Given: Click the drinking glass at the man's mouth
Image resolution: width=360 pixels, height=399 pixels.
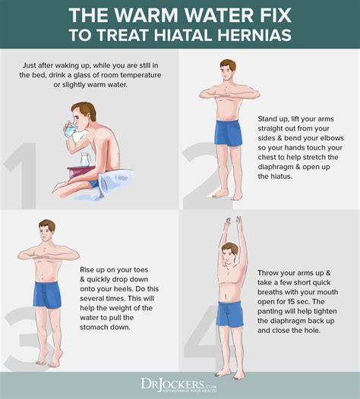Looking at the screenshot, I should pyautogui.click(x=71, y=130).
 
